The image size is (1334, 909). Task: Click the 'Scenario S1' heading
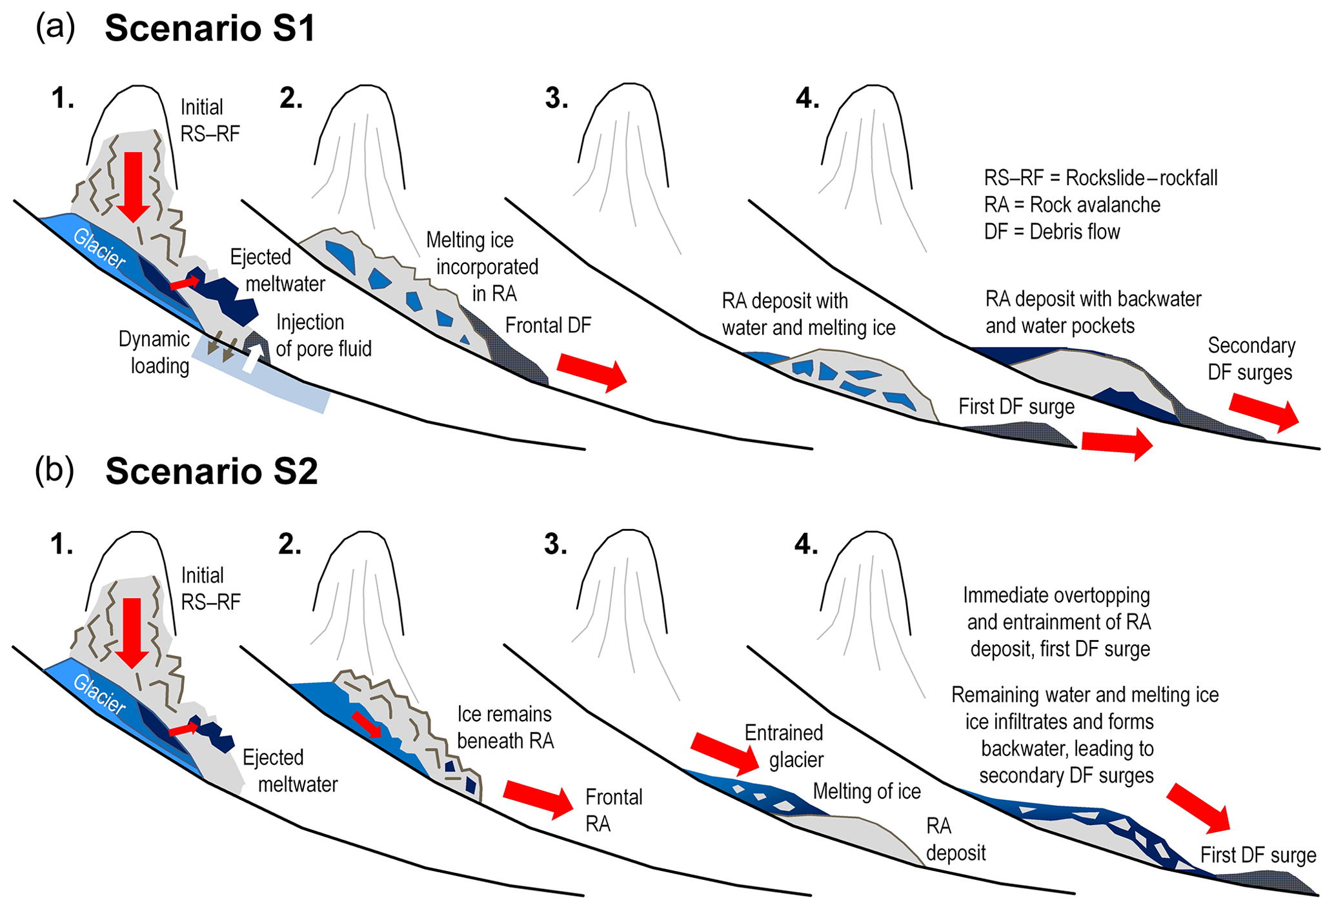(210, 29)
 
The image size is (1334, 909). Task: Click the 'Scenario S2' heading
(212, 472)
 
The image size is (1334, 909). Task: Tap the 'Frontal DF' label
(548, 326)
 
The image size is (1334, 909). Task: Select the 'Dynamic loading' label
(155, 352)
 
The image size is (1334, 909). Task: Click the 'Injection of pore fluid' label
(323, 335)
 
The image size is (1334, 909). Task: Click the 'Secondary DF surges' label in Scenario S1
(1251, 359)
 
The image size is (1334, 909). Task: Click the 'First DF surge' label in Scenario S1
(1016, 407)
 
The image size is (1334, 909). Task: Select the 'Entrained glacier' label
(785, 746)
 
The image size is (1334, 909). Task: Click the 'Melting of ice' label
(867, 792)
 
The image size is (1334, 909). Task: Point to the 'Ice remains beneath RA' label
(505, 728)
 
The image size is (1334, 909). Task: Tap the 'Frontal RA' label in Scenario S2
(613, 810)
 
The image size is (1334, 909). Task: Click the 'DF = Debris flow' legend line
(1052, 232)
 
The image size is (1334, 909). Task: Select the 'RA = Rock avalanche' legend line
(1072, 205)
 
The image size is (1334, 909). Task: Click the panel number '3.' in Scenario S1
(556, 99)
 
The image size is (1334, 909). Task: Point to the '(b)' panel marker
(54, 471)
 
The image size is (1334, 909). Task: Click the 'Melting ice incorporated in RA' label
(483, 267)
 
